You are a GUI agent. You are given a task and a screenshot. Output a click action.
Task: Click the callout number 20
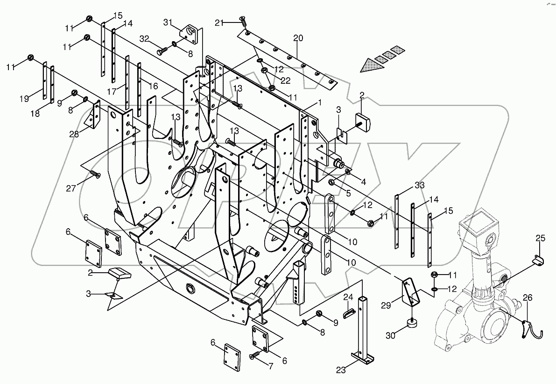point(298,38)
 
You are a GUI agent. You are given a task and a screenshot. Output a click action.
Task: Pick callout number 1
point(320,102)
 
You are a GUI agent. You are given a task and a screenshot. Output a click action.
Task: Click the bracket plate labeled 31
point(191,34)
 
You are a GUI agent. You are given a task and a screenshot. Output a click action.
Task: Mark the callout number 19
point(25,98)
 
